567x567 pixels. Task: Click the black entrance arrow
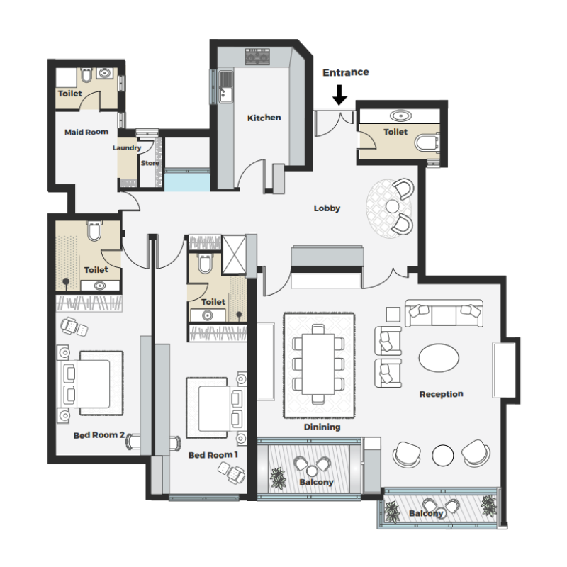point(340,94)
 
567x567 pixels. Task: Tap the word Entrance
point(346,72)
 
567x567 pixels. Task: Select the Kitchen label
point(264,118)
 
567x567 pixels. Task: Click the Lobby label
point(327,208)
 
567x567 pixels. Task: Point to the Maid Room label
point(86,132)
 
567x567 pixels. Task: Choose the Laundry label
point(127,148)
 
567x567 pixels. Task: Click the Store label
point(150,163)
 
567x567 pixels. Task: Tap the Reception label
point(441,394)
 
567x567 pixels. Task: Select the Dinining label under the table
point(322,427)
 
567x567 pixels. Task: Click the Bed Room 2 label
point(99,435)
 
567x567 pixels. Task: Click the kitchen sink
point(225,84)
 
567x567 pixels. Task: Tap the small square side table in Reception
point(392,313)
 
